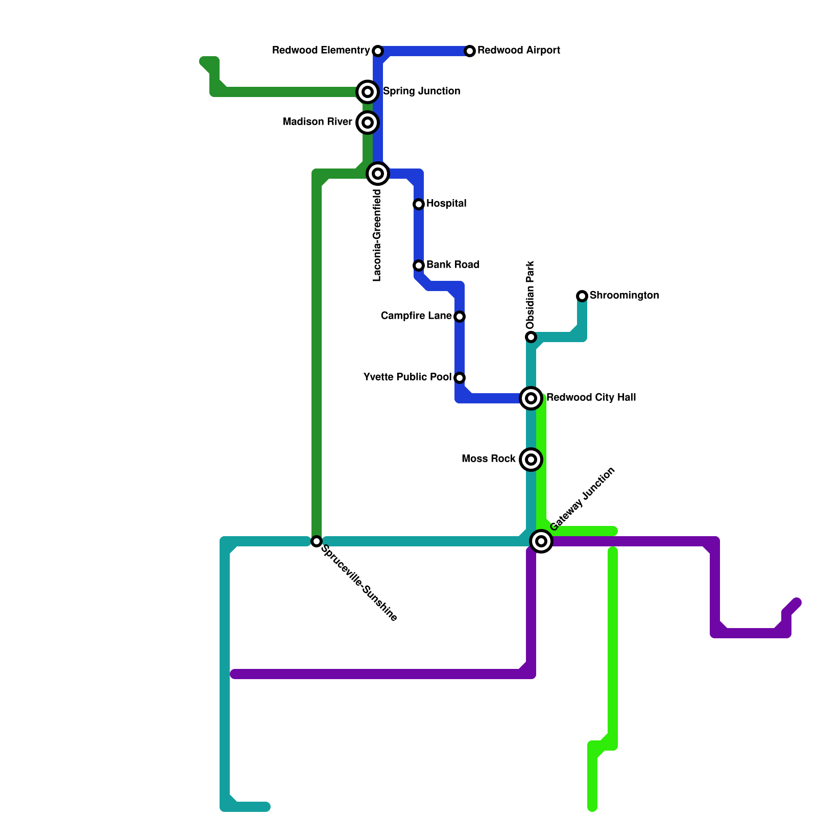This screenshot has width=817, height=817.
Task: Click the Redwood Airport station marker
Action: click(470, 51)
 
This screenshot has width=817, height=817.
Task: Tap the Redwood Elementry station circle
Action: click(378, 51)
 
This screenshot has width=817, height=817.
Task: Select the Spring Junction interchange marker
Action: click(368, 92)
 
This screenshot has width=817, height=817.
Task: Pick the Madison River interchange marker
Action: click(368, 123)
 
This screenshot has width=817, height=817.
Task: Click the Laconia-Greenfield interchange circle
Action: click(378, 174)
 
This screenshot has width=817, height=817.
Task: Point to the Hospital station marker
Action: click(419, 204)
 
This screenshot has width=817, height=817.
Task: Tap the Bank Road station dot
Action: click(419, 266)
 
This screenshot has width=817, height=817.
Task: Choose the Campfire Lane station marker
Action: click(460, 317)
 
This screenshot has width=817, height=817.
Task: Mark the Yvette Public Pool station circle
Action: click(460, 378)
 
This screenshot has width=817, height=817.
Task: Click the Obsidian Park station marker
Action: click(531, 337)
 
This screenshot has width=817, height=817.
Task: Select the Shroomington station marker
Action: click(582, 296)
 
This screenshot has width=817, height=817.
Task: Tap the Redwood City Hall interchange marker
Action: click(531, 398)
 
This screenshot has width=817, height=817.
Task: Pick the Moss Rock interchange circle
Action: click(531, 460)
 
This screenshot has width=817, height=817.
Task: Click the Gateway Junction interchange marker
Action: click(541, 541)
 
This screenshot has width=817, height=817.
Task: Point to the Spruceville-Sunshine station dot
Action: click(317, 541)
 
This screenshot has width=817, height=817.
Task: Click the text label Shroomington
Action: click(624, 296)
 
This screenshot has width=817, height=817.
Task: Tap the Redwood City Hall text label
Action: click(591, 398)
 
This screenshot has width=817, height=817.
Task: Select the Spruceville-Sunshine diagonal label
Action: click(359, 584)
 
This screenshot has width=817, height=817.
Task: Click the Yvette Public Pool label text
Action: click(407, 377)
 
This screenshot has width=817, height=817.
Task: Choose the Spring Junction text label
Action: click(421, 91)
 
